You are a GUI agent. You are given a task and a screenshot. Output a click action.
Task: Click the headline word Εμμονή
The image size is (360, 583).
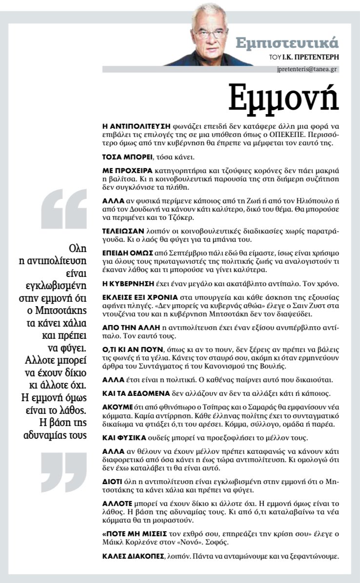coord(284,99)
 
